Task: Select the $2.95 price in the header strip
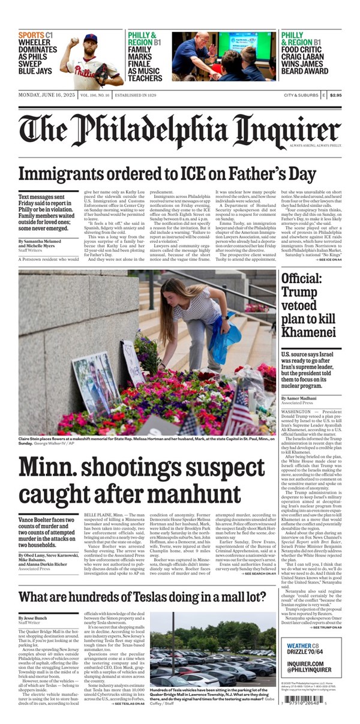[x=335, y=95]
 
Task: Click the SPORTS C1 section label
[x=35, y=35]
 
